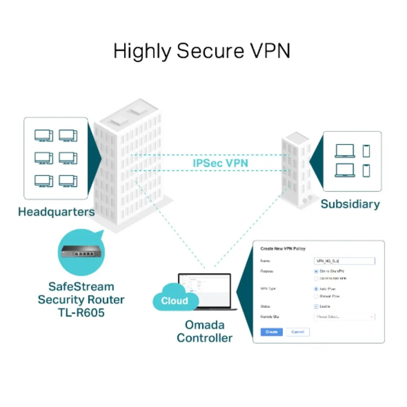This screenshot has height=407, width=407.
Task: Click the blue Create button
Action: tap(271, 331)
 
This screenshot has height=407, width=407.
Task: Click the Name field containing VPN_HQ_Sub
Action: tap(344, 261)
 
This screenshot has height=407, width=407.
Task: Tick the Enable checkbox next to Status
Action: tap(316, 306)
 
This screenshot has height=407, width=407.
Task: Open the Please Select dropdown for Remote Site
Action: tap(344, 317)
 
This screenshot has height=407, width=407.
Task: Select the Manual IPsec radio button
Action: tap(316, 296)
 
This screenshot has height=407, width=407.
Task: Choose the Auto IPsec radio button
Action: tap(316, 289)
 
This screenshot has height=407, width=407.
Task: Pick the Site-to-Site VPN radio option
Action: tap(316, 271)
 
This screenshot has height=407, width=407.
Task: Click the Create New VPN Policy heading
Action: tap(283, 249)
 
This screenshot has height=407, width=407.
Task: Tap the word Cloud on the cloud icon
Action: tap(174, 300)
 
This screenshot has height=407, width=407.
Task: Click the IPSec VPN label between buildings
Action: tap(220, 163)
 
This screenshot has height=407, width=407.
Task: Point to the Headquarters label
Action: tap(56, 211)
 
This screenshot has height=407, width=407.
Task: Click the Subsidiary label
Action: tap(350, 204)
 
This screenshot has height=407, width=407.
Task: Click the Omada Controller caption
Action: tap(204, 331)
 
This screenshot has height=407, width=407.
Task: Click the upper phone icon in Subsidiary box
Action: tap(366, 151)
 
